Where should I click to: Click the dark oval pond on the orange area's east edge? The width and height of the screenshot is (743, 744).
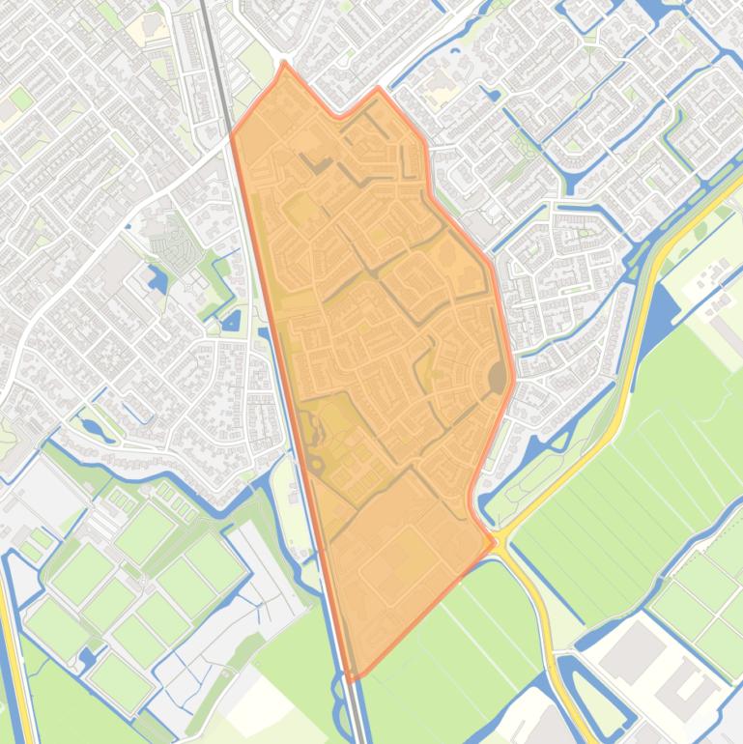[498, 377]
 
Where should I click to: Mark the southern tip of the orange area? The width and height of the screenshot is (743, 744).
[353, 676]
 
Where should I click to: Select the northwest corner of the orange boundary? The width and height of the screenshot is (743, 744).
[232, 134]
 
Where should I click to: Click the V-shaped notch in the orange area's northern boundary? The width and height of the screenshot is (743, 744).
[337, 116]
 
